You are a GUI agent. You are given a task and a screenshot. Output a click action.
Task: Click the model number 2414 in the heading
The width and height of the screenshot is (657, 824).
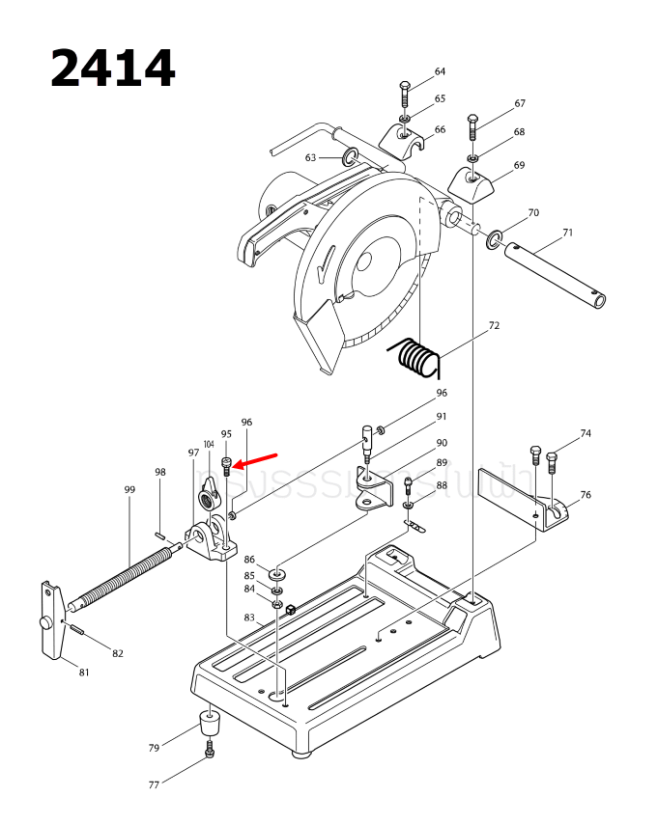tap(112, 69)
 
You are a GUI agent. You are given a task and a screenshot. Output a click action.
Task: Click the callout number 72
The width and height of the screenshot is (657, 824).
tap(494, 326)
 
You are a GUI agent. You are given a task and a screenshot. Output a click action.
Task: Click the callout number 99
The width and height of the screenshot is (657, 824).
tap(129, 490)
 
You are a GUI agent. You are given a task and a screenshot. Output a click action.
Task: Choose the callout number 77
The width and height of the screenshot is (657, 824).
tap(154, 785)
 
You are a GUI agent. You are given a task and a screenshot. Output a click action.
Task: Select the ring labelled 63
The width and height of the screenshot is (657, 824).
tap(350, 156)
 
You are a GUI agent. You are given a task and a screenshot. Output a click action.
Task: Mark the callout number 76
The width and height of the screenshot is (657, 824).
tap(586, 495)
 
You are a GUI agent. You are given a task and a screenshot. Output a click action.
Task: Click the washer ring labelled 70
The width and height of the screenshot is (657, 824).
tap(496, 238)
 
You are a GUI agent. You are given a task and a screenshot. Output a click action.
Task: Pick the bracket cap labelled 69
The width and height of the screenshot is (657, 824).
tap(471, 180)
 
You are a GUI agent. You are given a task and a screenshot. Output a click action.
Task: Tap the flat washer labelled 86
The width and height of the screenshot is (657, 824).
tap(277, 573)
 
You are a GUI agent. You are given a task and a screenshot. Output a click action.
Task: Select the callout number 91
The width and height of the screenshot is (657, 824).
tap(442, 417)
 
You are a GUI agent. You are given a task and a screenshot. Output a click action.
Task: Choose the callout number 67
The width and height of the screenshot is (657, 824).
tap(520, 103)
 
